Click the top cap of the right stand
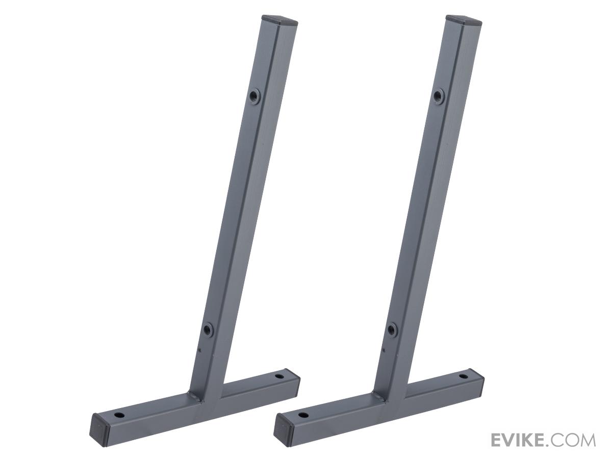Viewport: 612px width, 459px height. point(464,20)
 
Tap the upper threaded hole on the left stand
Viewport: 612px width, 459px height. point(254,96)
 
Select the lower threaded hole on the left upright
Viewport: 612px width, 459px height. point(207,329)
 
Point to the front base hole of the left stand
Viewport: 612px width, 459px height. point(120,423)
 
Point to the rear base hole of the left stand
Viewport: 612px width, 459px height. point(279,376)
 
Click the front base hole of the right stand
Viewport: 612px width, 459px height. point(303,423)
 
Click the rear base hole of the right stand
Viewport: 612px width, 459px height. point(464,377)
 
